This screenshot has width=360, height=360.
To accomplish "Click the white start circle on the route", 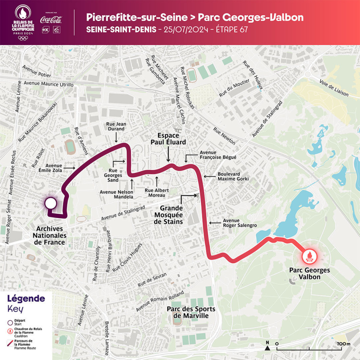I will (x=51, y=203).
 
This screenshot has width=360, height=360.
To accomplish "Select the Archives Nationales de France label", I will (x=50, y=235).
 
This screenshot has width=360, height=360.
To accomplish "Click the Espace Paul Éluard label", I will (x=168, y=139).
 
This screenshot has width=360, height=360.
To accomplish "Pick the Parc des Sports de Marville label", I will (x=188, y=312).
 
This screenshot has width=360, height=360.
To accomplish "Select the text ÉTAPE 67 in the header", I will (x=234, y=30).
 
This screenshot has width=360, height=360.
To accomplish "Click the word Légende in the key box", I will (x=26, y=299).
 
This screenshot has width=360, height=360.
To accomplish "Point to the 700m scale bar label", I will (x=343, y=344).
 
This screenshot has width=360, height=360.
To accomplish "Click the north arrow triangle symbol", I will (x=267, y=348).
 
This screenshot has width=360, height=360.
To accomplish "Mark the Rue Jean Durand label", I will (x=116, y=127).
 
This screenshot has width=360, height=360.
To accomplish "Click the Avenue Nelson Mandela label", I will (x=117, y=194).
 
